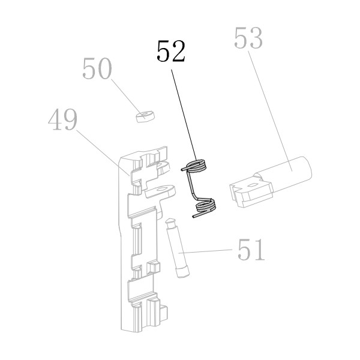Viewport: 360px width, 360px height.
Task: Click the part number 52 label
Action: pyautogui.click(x=171, y=51)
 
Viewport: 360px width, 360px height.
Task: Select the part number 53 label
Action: pyautogui.click(x=248, y=38)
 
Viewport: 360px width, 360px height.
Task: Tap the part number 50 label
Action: pyautogui.click(x=97, y=68)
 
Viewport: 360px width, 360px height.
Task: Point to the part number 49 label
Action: pyautogui.click(x=62, y=119)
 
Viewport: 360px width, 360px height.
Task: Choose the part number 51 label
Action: pyautogui.click(x=251, y=250)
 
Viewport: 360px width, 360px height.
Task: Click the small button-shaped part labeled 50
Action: pyautogui.click(x=145, y=116)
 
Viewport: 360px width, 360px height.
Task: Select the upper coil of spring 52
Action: pyautogui.click(x=197, y=166)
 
